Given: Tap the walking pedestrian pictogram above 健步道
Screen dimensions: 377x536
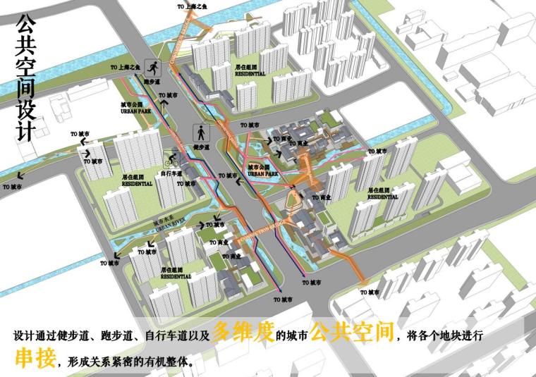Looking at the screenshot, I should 202,132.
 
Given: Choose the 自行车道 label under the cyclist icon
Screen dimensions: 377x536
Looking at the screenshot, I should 171,173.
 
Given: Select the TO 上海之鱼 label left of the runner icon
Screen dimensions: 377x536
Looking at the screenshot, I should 126,67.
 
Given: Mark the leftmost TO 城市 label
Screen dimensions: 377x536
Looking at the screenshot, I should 12,187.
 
